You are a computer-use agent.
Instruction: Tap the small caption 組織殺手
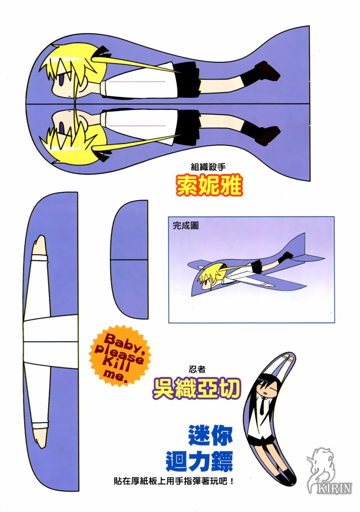coord(208,167)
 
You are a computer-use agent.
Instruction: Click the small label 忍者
coord(197,369)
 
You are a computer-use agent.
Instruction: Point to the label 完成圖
coord(185,226)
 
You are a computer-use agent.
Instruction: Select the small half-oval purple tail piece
coord(129,260)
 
